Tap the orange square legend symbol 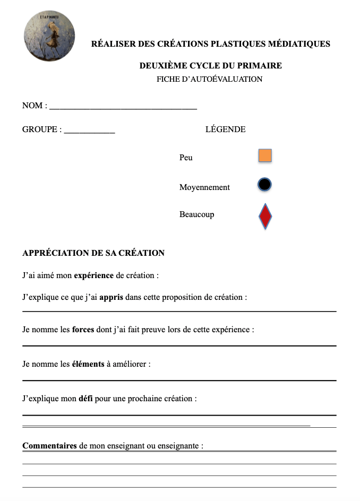click(265, 156)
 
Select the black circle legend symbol click(264, 185)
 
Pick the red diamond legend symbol click(265, 215)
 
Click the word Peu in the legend click(186, 158)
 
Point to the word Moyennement click(204, 187)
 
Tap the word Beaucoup click(196, 215)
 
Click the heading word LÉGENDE click(225, 129)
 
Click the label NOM click(32, 106)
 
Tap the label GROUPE click(39, 129)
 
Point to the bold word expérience click(93, 275)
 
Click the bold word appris click(111, 297)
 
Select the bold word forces click(83, 330)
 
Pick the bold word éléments click(88, 364)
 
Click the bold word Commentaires click(49, 446)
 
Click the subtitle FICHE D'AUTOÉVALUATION click(209, 80)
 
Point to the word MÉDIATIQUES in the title click(297, 44)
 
